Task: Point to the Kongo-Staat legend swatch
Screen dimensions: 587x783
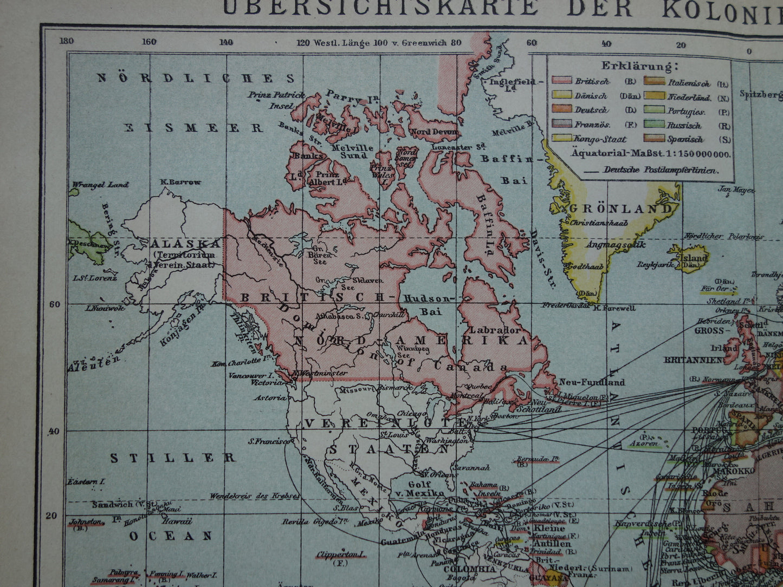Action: pos(562,139)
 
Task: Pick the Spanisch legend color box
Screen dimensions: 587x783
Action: pos(653,139)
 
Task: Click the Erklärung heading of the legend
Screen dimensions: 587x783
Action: pos(639,67)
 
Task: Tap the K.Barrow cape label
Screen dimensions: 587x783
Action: pos(180,182)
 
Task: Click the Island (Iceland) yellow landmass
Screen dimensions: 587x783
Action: pos(691,259)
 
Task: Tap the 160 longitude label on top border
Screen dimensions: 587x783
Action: pos(149,42)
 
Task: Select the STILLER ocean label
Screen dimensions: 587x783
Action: pos(173,458)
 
